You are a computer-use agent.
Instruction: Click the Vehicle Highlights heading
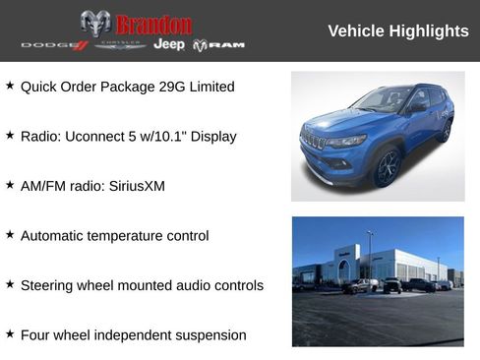(x=397, y=31)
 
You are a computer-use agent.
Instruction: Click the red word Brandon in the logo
(x=153, y=24)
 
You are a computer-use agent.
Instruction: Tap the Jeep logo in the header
(x=168, y=45)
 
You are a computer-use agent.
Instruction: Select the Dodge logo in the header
(x=55, y=45)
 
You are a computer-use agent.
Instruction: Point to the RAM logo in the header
(x=218, y=45)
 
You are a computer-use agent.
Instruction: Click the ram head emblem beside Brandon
(x=95, y=24)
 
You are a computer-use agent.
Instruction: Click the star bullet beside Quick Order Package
(x=10, y=86)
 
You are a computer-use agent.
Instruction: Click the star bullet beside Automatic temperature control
(x=10, y=235)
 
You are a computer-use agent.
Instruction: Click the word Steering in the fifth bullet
(x=46, y=286)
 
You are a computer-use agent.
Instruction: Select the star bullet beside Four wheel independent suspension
(x=10, y=334)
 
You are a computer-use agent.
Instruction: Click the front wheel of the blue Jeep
(x=387, y=167)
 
